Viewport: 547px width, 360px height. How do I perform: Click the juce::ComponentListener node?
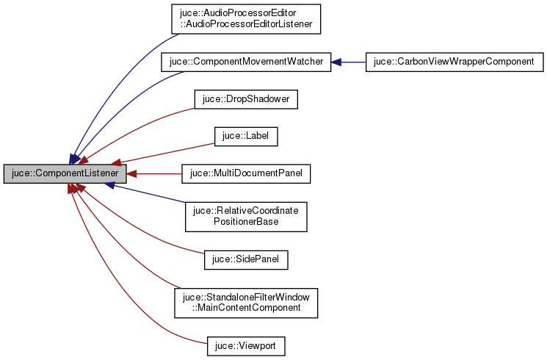(x=65, y=174)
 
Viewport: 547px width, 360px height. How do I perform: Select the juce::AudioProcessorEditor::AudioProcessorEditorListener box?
(x=245, y=18)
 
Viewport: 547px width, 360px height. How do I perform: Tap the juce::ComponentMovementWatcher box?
(x=245, y=62)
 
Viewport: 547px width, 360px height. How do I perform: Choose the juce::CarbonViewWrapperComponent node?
(x=454, y=62)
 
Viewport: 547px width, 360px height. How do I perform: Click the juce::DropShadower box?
(x=245, y=99)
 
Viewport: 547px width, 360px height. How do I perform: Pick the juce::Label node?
(x=245, y=136)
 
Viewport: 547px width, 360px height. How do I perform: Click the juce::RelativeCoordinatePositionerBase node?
(x=245, y=216)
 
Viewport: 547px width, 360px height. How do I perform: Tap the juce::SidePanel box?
(x=245, y=259)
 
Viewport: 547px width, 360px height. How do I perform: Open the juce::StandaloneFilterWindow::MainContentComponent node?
(x=245, y=302)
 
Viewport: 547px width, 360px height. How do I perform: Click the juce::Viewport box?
(x=245, y=345)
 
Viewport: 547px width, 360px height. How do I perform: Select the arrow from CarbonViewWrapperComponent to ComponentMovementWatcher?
(x=349, y=62)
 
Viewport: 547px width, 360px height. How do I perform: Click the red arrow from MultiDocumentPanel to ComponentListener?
(x=154, y=174)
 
